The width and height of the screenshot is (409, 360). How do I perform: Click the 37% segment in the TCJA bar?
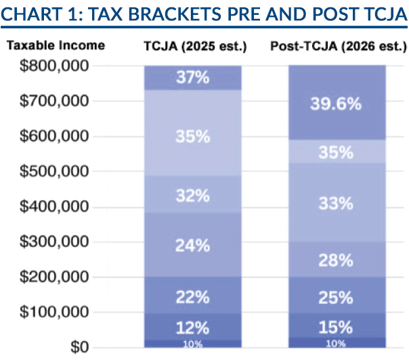click(193, 78)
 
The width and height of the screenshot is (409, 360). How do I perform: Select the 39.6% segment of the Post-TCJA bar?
click(337, 103)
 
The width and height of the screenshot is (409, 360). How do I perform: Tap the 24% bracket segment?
click(193, 245)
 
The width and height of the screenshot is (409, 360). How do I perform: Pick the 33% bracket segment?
click(337, 202)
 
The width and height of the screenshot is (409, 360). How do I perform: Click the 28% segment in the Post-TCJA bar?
click(337, 260)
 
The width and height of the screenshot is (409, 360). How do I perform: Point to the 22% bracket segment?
click(193, 295)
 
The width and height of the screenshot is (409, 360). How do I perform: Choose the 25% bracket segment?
click(337, 297)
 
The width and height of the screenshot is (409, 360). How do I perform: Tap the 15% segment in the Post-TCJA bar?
click(337, 327)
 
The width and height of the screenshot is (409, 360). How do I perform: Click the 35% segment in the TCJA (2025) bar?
click(193, 137)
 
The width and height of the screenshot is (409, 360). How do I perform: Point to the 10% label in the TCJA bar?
click(193, 344)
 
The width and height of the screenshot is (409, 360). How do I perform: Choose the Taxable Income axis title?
click(56, 46)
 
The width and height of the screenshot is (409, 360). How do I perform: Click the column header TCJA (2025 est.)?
click(192, 46)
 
